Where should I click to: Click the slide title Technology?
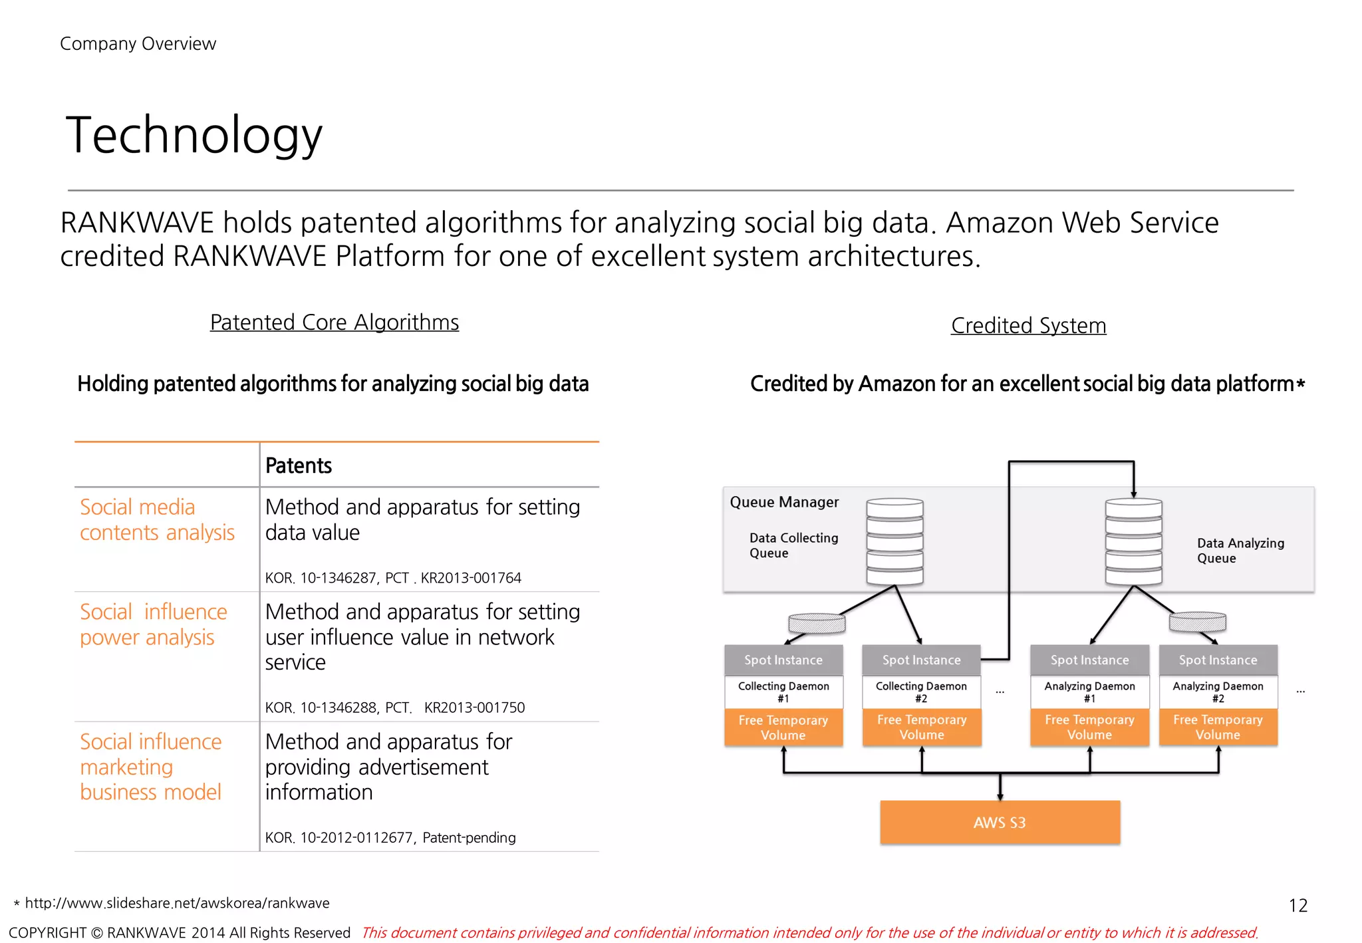(194, 135)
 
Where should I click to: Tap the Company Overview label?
(138, 44)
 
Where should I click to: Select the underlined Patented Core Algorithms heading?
(334, 323)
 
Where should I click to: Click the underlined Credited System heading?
(1028, 326)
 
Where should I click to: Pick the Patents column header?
(298, 466)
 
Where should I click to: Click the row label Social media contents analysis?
(156, 519)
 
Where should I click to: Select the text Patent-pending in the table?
(469, 838)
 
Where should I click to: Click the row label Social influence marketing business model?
(151, 767)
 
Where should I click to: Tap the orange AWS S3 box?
(1000, 823)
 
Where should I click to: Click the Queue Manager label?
(784, 502)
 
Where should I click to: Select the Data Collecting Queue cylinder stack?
(894, 541)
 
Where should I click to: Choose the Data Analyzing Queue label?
(1240, 551)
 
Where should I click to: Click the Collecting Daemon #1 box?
(783, 692)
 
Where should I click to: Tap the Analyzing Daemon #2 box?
(1218, 692)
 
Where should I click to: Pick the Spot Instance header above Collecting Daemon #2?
(921, 660)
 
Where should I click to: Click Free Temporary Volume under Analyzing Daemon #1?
(1089, 728)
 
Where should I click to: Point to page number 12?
(1297, 906)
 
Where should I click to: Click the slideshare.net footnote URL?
(177, 903)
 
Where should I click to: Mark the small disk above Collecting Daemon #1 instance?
(817, 622)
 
